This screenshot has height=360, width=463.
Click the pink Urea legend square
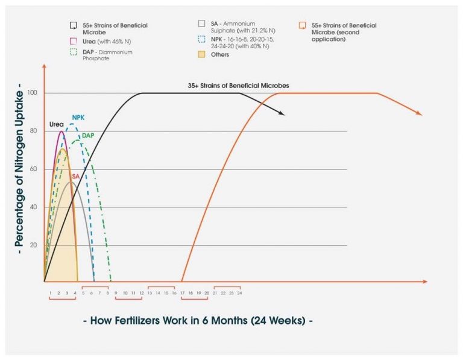(x=73, y=41)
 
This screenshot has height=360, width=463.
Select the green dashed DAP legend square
(x=73, y=52)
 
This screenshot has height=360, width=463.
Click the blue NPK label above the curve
(x=78, y=117)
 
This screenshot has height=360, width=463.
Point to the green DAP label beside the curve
(x=88, y=135)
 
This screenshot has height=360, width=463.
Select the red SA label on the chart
(x=75, y=176)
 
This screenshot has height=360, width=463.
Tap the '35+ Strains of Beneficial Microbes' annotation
(x=238, y=86)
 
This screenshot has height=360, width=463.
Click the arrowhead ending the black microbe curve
(x=282, y=113)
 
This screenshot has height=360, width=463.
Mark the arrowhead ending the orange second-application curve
(x=418, y=113)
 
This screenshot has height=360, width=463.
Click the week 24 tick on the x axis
(x=239, y=292)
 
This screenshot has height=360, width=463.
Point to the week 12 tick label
(x=141, y=292)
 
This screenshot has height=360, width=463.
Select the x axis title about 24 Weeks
(x=197, y=320)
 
